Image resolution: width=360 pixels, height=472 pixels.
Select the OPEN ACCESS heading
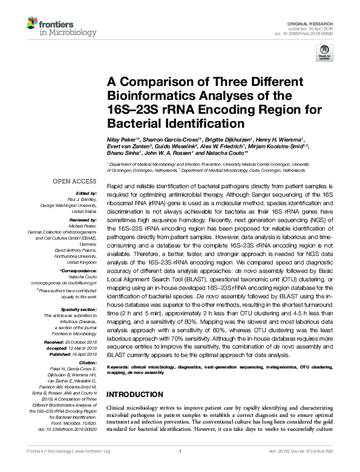pyautogui.click(x=74, y=180)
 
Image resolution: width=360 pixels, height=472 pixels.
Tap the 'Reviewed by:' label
pyautogui.click(x=83, y=220)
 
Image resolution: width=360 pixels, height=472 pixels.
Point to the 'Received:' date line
pyautogui.click(x=76, y=343)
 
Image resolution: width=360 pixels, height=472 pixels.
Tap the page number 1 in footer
pyautogui.click(x=180, y=468)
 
